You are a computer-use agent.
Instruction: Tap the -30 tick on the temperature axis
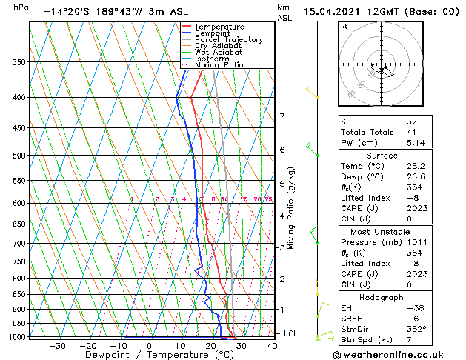coord(57,345)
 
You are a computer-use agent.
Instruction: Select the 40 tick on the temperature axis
coord(272,345)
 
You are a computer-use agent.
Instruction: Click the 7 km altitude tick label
coord(282,116)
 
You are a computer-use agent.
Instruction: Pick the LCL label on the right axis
coord(290,334)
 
